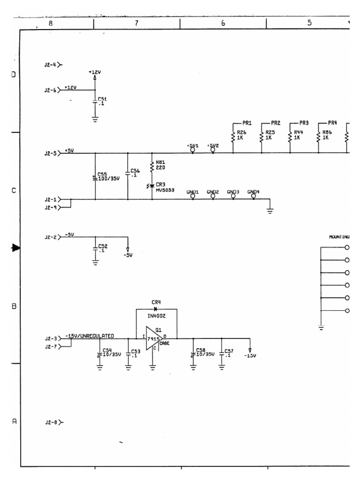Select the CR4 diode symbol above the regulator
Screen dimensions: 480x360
click(155, 309)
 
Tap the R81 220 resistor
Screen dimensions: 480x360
click(152, 166)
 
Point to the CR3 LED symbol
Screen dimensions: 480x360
click(151, 186)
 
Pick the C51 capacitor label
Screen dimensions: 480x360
click(102, 101)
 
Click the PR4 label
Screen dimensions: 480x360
click(332, 123)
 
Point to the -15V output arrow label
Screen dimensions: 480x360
click(250, 356)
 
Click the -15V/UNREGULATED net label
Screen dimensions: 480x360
click(96, 336)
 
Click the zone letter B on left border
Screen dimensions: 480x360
click(14, 306)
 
